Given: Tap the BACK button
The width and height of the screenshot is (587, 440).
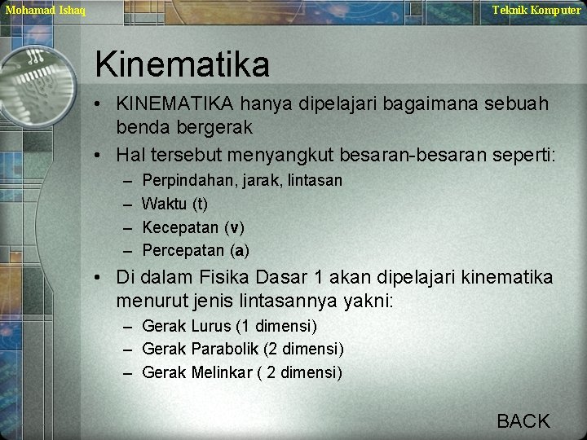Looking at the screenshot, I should click(x=523, y=420).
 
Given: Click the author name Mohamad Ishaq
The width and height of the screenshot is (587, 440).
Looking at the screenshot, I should click(x=46, y=10).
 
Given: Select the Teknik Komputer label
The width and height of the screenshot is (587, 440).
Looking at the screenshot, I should click(x=536, y=10).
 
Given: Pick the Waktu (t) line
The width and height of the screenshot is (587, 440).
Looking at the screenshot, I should click(x=175, y=203).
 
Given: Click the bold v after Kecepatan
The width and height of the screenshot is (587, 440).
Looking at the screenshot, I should click(x=236, y=227).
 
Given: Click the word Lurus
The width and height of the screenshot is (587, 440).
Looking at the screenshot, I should click(x=210, y=326).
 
